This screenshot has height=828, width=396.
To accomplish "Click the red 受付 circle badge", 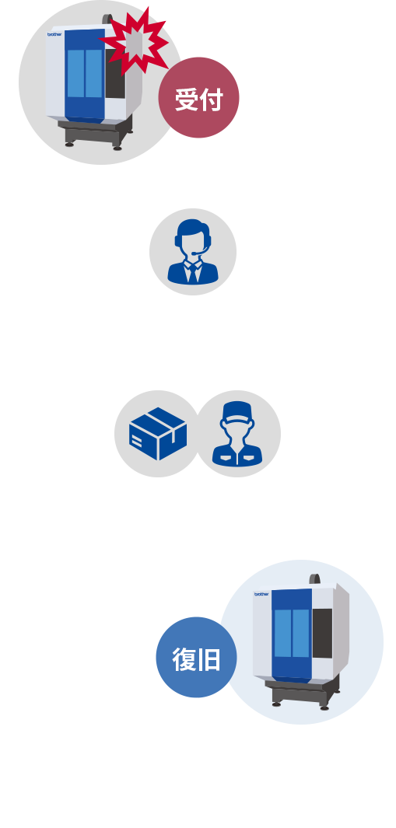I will [198, 99].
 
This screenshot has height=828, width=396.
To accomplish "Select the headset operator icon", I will [192, 251].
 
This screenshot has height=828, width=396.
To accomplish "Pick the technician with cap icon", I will [237, 433].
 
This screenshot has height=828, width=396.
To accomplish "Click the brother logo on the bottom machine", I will [261, 593].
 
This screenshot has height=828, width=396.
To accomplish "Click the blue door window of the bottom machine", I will [292, 632].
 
